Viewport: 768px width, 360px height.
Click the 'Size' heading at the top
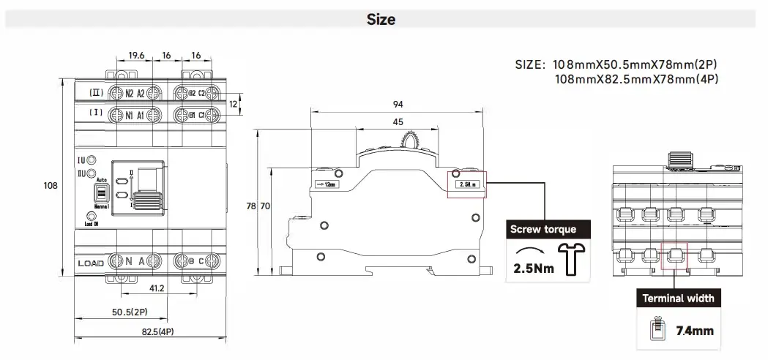(381, 20)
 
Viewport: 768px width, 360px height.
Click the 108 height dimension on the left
(51, 187)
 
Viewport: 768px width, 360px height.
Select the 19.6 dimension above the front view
(135, 56)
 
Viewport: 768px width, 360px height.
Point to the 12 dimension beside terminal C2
(234, 105)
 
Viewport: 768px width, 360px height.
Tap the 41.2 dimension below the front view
(157, 288)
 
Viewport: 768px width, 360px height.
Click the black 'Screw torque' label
(543, 229)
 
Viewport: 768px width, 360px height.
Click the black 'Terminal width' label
(678, 299)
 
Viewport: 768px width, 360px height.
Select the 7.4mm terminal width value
(694, 331)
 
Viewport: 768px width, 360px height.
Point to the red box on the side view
(466, 184)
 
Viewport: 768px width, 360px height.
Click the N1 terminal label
(129, 115)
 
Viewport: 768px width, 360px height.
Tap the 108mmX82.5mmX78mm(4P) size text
(636, 78)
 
